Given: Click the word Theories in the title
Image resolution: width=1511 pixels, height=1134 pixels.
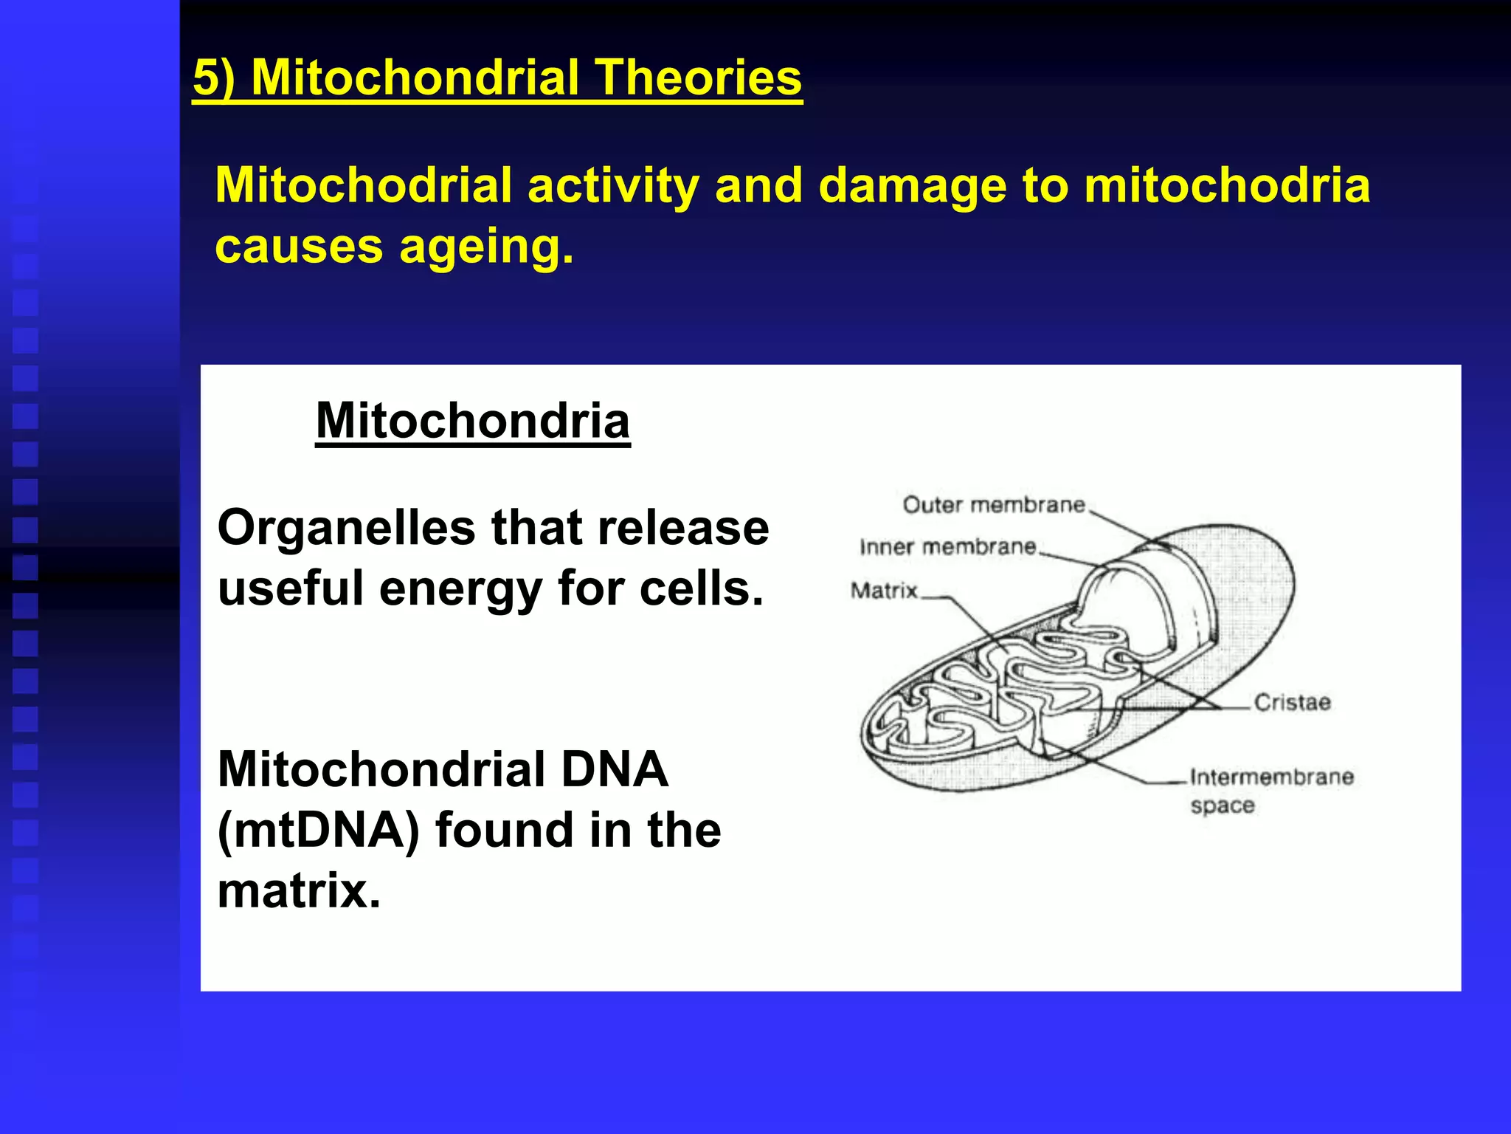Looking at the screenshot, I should point(698,78).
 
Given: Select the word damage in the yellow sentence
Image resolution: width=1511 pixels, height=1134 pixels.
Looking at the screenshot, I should point(912,185).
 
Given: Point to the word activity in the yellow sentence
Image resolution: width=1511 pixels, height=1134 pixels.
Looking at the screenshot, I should point(612,185).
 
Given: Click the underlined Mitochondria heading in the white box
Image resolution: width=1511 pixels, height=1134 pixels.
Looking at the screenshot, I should point(473,421).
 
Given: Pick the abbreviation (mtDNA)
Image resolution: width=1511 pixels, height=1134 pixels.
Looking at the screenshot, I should point(318,831).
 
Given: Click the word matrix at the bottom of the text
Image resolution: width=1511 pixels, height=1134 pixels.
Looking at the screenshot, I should point(298,891).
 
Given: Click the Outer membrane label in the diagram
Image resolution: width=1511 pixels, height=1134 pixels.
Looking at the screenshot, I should point(994,505).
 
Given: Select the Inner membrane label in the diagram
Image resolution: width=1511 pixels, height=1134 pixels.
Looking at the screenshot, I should point(948,547).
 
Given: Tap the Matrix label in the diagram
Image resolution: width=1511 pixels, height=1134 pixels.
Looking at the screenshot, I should point(884,591).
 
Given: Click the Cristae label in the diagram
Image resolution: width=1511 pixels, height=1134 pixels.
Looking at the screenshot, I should point(1292,702).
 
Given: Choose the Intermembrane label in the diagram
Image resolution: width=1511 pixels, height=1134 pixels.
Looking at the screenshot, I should point(1272,777).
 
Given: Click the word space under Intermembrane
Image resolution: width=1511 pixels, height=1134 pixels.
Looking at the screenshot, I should point(1223,805).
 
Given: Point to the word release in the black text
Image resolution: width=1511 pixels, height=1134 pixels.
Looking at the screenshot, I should point(683,529).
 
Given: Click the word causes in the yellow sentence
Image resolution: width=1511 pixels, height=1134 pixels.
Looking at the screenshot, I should point(299,247).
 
